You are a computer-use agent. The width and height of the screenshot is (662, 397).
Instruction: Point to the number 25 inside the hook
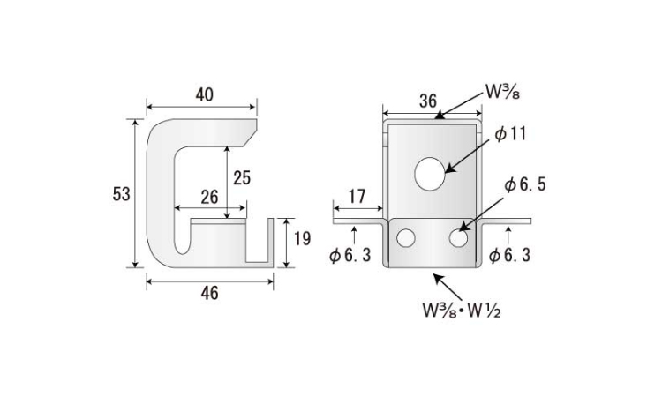click(242, 177)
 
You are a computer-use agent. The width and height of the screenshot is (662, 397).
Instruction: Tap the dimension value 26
click(208, 197)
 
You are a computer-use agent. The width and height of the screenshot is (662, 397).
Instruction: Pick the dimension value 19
click(302, 238)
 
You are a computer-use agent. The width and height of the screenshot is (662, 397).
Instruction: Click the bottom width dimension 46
click(208, 293)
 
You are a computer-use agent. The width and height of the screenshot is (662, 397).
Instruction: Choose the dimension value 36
click(428, 101)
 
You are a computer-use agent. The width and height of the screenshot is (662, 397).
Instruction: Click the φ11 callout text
click(509, 134)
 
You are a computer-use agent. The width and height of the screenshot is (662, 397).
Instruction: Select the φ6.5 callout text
click(525, 185)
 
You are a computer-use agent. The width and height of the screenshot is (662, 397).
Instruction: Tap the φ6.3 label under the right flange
click(509, 256)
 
